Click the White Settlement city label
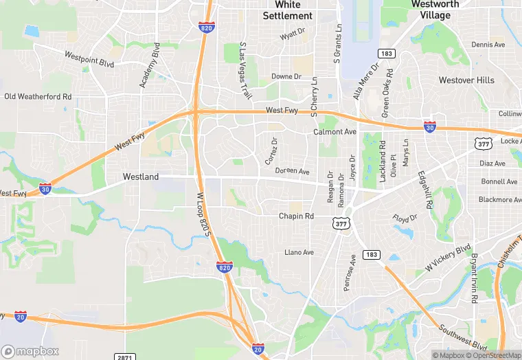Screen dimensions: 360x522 pos(288,10)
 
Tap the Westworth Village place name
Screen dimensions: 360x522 pos(435,9)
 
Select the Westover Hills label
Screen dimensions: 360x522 pos(466,80)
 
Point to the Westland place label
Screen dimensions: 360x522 pos(141,177)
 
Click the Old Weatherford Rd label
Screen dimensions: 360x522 pos(38,97)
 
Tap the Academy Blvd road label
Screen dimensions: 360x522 pos(149,65)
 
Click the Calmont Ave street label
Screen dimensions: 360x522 pos(334,131)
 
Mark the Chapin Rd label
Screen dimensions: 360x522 pos(296,216)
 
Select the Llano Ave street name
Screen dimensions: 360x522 pos(299,252)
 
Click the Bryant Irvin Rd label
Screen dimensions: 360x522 pos(473,279)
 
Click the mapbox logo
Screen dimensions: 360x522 pos(30,351)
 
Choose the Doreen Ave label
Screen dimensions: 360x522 pos(293,170)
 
